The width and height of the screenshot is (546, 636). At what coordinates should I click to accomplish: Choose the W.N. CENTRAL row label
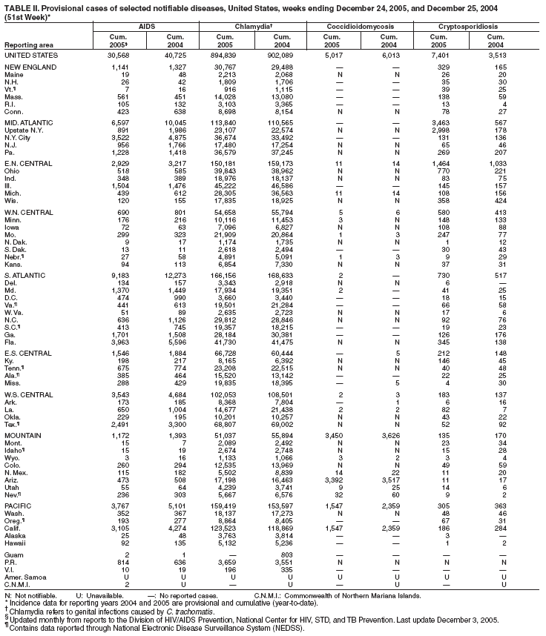28,213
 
